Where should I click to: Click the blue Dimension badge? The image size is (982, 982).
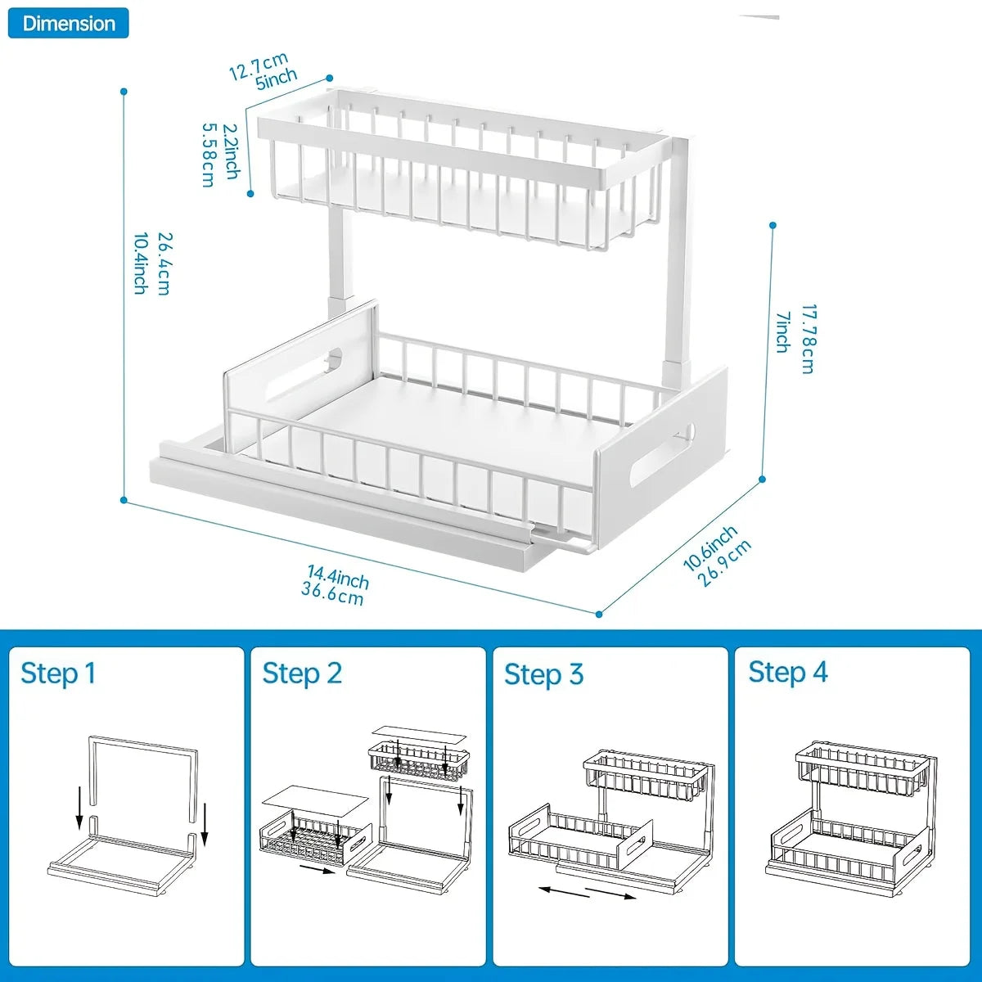pyautogui.click(x=69, y=23)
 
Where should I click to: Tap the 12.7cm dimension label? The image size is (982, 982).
pyautogui.click(x=257, y=66)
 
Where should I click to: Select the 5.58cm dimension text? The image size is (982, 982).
pyautogui.click(x=209, y=155)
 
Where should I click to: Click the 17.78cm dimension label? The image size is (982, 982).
pyautogui.click(x=808, y=339)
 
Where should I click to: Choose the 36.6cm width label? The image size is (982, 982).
pyautogui.click(x=331, y=594)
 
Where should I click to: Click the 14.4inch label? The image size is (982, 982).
pyautogui.click(x=338, y=576)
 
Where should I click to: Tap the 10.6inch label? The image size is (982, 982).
pyautogui.click(x=709, y=548)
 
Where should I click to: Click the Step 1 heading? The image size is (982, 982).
pyautogui.click(x=58, y=673)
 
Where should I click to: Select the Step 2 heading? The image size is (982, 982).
pyautogui.click(x=302, y=673)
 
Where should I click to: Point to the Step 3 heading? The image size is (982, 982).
pyautogui.click(x=543, y=674)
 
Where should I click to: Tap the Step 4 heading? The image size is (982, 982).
pyautogui.click(x=787, y=673)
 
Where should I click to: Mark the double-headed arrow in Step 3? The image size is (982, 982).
pyautogui.click(x=588, y=891)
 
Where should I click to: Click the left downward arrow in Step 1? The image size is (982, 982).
pyautogui.click(x=79, y=808)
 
